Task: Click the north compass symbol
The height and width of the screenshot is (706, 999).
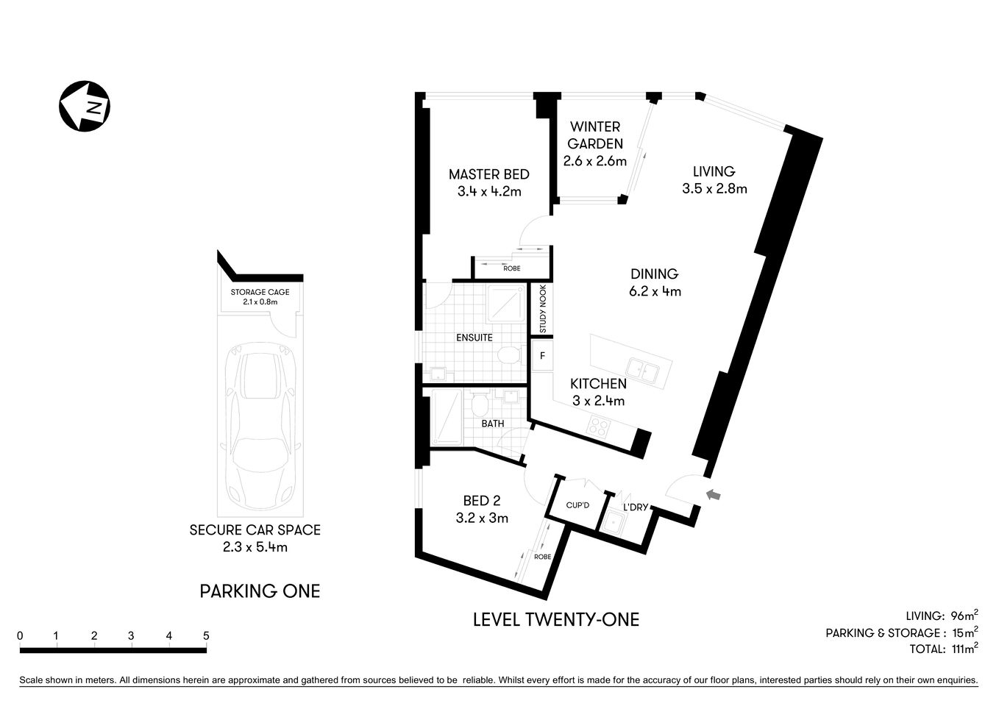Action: click(85, 106)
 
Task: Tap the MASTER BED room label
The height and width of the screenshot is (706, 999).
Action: click(488, 174)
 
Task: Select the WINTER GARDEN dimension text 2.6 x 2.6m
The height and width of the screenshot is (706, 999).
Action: click(594, 161)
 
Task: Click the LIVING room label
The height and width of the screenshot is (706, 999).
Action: click(714, 171)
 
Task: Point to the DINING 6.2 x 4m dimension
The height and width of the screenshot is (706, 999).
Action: click(654, 291)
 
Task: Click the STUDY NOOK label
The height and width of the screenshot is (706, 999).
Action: click(543, 309)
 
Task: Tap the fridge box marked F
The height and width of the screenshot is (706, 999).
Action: click(543, 356)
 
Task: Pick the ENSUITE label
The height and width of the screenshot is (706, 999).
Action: click(474, 338)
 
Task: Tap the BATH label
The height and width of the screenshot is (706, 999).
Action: click(493, 424)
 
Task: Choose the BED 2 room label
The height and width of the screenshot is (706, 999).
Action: click(482, 501)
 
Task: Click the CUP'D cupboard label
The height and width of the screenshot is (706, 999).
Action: click(578, 505)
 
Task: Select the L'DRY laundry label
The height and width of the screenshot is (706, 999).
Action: click(635, 507)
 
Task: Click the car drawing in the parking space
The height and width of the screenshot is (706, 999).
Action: click(259, 427)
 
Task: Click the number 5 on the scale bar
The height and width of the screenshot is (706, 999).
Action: click(206, 636)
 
